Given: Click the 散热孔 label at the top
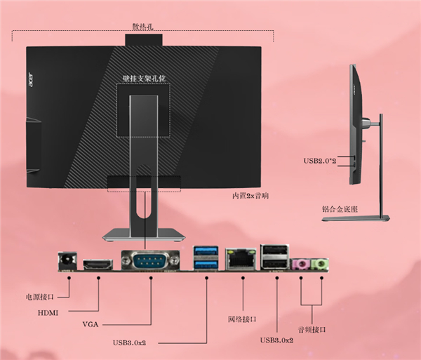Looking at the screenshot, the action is click(143, 27).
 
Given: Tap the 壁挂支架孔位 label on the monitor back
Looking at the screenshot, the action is click(144, 79).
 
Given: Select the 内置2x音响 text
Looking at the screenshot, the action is click(250, 196).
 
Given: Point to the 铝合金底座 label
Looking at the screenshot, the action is click(340, 209).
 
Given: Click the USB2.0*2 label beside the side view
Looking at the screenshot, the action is click(320, 161).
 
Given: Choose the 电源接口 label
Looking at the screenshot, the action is click(40, 297).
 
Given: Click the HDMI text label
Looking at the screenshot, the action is click(48, 313).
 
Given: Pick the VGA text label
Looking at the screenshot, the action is click(91, 325).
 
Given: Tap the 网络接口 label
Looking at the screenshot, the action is click(242, 319).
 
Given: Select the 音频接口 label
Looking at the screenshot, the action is click(312, 329).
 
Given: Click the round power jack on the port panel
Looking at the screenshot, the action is click(67, 261).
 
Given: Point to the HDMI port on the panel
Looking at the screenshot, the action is click(98, 265).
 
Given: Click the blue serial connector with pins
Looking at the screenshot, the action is click(150, 260).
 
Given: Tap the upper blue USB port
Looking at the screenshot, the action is click(206, 251).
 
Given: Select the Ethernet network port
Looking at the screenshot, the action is click(241, 259).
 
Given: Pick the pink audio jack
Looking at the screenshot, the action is click(300, 264).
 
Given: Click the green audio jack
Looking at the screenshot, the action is click(320, 264).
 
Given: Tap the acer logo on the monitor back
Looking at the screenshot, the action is click(31, 79).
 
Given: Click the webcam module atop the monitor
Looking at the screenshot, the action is click(144, 40).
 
